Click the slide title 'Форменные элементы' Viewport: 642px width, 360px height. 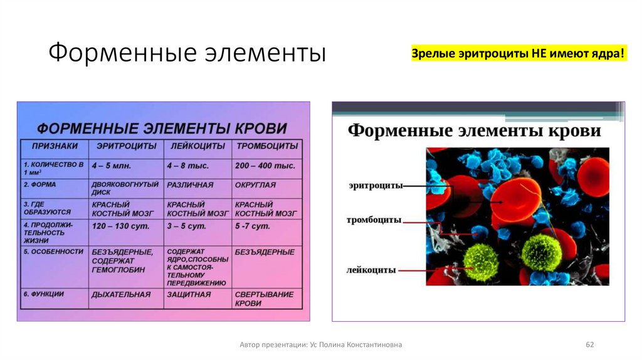click(x=187, y=53)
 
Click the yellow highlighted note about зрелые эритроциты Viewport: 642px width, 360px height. click(x=518, y=54)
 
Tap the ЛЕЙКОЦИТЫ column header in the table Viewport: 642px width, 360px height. click(x=196, y=146)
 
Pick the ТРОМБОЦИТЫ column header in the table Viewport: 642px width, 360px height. click(x=266, y=146)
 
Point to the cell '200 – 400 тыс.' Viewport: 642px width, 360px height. click(x=265, y=166)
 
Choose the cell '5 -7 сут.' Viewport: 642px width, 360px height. click(x=253, y=226)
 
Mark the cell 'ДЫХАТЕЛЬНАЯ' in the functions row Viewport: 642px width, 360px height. click(x=121, y=294)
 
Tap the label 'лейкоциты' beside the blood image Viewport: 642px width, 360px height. click(x=371, y=270)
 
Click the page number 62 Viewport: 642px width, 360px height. click(x=589, y=345)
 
